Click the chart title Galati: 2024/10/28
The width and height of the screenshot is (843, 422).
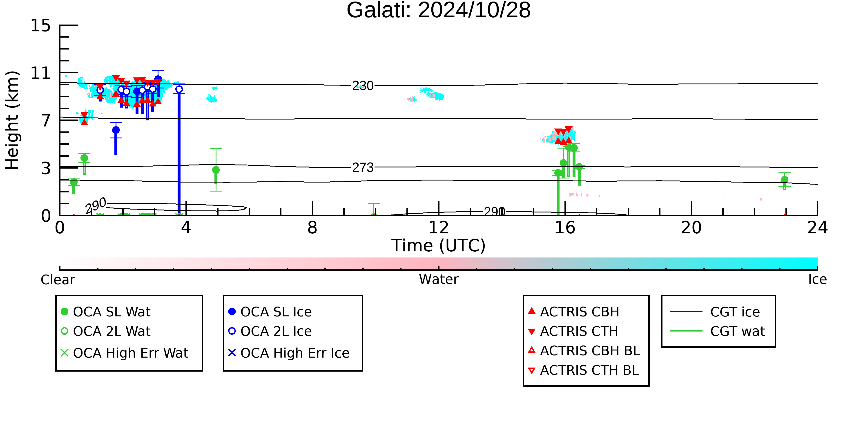click(x=439, y=11)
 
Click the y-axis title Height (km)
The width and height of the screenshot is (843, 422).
click(x=12, y=120)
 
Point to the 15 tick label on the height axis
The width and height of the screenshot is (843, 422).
click(x=41, y=26)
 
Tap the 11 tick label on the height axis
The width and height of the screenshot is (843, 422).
click(x=41, y=73)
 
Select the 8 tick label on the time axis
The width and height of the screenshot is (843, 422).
click(x=312, y=228)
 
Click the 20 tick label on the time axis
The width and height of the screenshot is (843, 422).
click(x=691, y=228)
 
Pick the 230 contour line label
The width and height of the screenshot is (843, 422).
click(x=363, y=86)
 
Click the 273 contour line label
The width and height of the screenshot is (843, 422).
click(x=363, y=168)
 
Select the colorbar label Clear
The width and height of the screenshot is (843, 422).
click(x=58, y=280)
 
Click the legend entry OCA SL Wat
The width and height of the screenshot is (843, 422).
click(x=106, y=311)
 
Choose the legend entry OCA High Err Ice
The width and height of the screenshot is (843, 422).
click(x=289, y=353)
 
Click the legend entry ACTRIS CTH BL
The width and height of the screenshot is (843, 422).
click(x=584, y=370)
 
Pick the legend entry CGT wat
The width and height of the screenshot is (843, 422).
click(x=717, y=331)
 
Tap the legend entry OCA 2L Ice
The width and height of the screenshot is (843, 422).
click(x=270, y=331)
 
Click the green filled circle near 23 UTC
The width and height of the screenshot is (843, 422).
click(x=784, y=180)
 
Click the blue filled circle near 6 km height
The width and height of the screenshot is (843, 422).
click(x=116, y=130)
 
